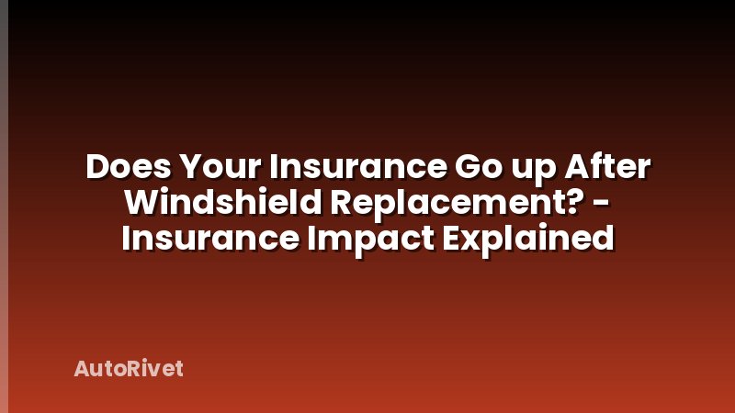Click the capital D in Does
[96, 169]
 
